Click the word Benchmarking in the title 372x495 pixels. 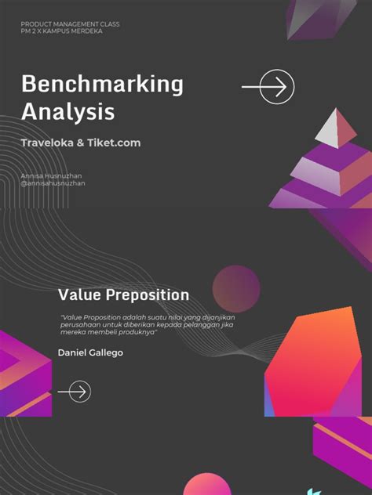click(x=102, y=84)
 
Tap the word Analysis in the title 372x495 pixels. click(x=67, y=112)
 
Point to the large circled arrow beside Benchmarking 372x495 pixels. click(x=277, y=87)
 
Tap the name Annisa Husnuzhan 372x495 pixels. click(x=53, y=176)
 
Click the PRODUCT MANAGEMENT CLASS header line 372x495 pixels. click(x=70, y=25)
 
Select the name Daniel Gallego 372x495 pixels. click(x=90, y=352)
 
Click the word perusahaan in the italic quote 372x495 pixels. click(x=81, y=324)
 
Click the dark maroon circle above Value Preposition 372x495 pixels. click(x=236, y=285)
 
